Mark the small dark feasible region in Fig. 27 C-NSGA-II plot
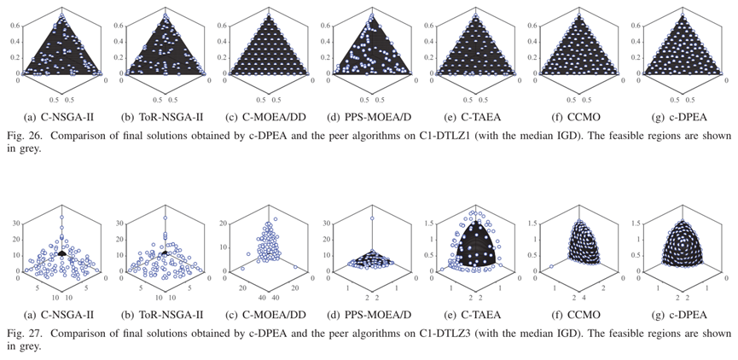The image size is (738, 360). (x=61, y=253)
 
